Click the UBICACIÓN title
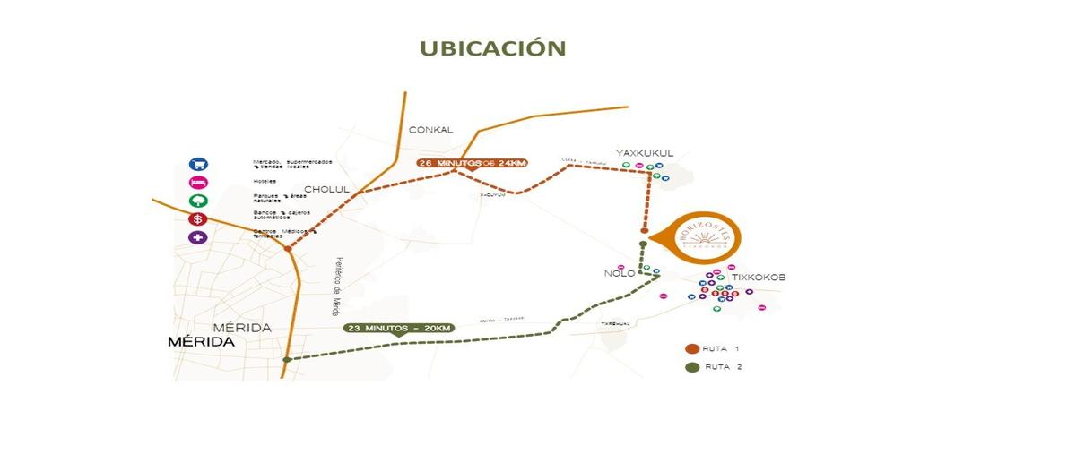pos(492,47)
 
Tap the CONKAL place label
pos(431,130)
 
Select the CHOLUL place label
pos(326,189)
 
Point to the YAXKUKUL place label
pos(645,153)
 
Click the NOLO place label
pos(619,272)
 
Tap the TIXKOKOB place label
pos(759,278)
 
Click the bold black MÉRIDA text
pos(202,342)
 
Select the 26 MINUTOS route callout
pos(472,163)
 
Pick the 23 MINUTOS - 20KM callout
pos(399,328)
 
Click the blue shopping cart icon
pos(198,164)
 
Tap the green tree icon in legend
pos(198,201)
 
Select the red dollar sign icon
pos(198,219)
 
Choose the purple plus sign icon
pos(198,238)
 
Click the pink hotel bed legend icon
pos(198,183)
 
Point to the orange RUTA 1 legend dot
pos(691,348)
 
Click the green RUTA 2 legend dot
pos(691,367)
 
